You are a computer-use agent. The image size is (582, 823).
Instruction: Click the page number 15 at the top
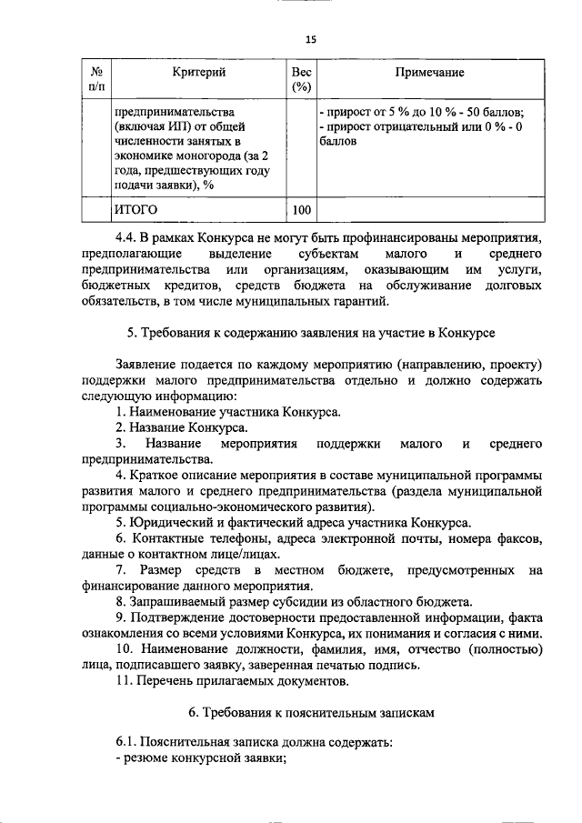click(x=309, y=39)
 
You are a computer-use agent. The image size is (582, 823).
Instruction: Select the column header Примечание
click(x=430, y=72)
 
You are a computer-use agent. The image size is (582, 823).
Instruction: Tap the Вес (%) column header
click(x=302, y=79)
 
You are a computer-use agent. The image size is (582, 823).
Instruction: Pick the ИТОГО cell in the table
click(x=135, y=211)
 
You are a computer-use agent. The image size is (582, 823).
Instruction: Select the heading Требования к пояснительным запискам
click(x=312, y=712)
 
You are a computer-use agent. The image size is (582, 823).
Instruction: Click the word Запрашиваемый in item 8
click(x=182, y=601)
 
